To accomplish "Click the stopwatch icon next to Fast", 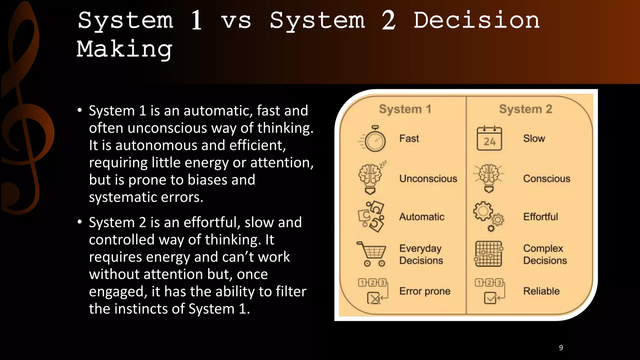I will (374, 139).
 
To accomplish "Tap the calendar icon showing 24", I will (489, 139).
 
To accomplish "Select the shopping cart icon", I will (372, 253).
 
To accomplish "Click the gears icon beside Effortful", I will (488, 216).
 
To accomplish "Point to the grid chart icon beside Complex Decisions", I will (488, 254).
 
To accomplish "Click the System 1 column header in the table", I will (405, 109).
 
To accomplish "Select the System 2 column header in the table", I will (526, 109).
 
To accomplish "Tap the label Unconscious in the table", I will (428, 178).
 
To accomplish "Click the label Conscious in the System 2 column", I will (547, 178).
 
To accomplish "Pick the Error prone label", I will (425, 291).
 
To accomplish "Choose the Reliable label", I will (541, 291).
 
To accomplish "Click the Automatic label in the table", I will (422, 217).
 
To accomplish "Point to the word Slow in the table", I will (534, 138).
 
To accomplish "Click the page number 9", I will (561, 348).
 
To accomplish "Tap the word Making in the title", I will (124, 49).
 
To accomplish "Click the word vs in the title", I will (236, 21).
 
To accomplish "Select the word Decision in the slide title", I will (477, 20).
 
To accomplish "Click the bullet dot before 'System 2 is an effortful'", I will (80, 222).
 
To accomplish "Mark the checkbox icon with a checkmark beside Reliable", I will (490, 298).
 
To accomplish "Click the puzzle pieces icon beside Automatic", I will (372, 216).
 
